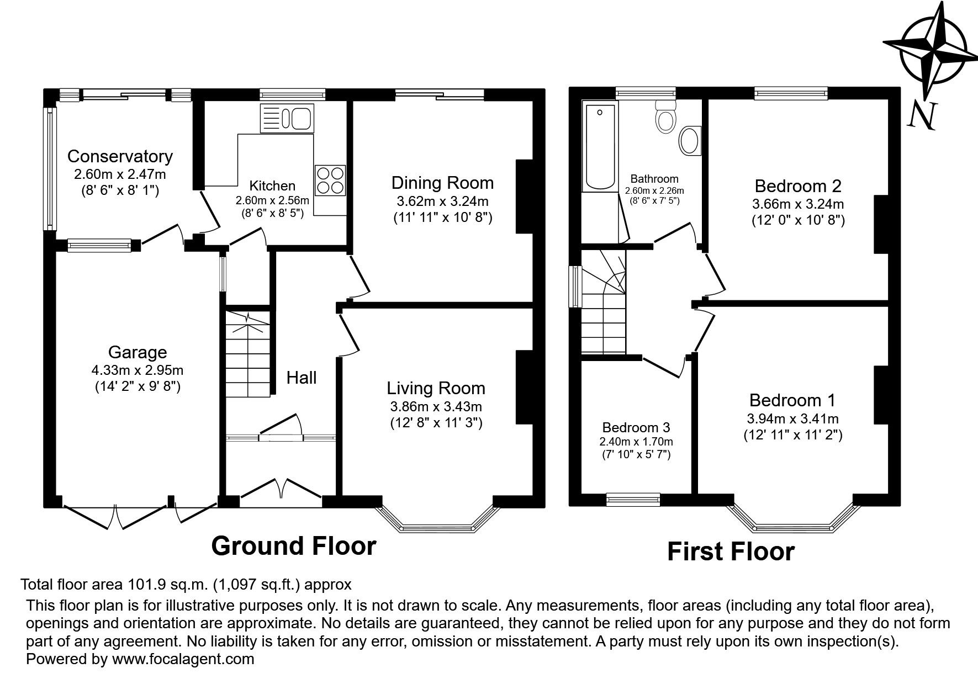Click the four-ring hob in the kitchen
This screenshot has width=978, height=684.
point(330,181)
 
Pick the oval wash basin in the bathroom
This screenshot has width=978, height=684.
point(689,141)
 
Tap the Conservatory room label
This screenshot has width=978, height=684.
point(120,156)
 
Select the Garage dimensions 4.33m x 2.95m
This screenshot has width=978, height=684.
point(138,369)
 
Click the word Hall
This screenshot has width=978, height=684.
point(302,378)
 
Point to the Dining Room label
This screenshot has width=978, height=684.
point(442,183)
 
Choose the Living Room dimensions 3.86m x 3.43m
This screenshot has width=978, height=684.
point(436,407)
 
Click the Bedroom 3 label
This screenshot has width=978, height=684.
point(636,427)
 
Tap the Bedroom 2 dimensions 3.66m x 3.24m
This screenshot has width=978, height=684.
point(798,204)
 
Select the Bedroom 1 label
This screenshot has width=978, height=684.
point(792,400)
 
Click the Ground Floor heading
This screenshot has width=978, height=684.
point(294,545)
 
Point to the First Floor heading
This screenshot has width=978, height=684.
point(731,551)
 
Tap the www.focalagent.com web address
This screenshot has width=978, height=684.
point(183,659)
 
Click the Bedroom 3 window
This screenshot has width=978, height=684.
point(633,500)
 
